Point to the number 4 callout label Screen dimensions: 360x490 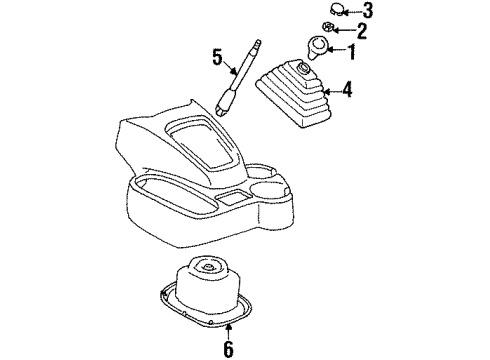pyautogui.click(x=348, y=91)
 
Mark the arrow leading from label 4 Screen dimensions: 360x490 pyautogui.click(x=332, y=91)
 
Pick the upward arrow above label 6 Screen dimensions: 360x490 pyautogui.click(x=228, y=329)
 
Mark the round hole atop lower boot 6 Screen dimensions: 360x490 pyautogui.click(x=208, y=269)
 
